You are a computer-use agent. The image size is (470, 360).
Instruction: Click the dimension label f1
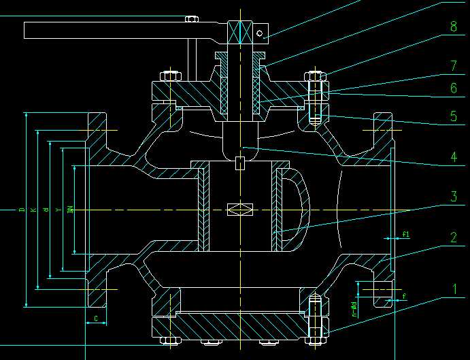point(406,235)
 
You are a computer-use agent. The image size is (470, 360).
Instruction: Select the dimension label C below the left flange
point(97,317)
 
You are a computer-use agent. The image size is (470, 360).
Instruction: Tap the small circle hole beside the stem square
point(260,32)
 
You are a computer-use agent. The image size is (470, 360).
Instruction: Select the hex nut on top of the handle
point(191,20)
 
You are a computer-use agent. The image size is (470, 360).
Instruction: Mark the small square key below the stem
point(240,163)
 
